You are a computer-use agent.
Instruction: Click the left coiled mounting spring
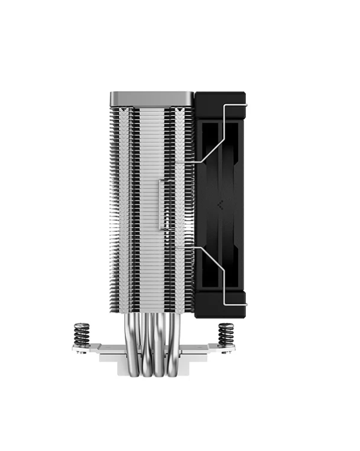pyautogui.click(x=81, y=333)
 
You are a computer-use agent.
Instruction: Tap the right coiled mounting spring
pyautogui.click(x=226, y=333)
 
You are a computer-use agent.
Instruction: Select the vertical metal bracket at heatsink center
pyautogui.click(x=162, y=204)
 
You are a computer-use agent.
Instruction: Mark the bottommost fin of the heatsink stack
pyautogui.click(x=152, y=311)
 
